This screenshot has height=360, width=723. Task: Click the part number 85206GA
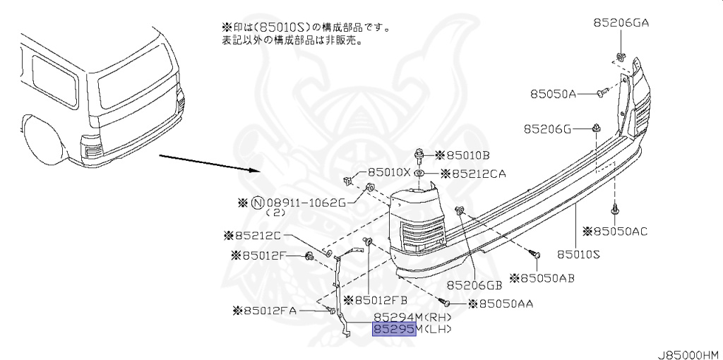click(621, 23)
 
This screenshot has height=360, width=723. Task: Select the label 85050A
click(554, 93)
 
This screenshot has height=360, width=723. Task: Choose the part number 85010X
click(388, 172)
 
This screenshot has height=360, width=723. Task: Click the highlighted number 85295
click(394, 330)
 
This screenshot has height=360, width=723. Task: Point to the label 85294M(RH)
click(412, 318)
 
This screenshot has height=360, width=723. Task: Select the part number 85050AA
click(504, 304)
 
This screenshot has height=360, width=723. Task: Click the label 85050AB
click(546, 279)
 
